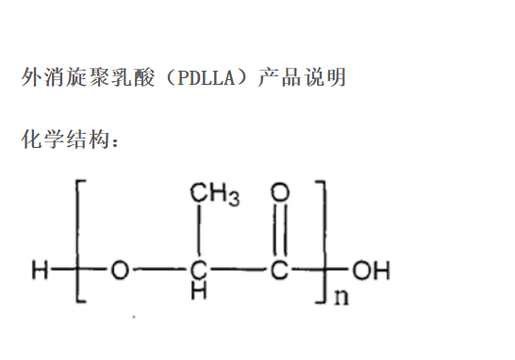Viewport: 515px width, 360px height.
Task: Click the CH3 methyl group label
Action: click(214, 195)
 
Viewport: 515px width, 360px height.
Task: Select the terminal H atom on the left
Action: click(39, 273)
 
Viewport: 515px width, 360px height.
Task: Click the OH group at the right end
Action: click(372, 273)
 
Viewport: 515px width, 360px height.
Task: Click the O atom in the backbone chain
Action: click(119, 273)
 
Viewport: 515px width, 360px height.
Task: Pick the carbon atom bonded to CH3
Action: click(198, 273)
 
